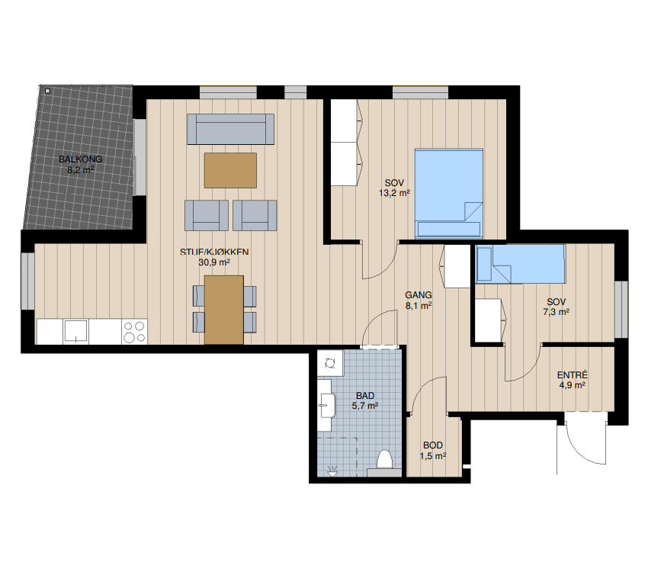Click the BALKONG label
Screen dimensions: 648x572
coord(80,159)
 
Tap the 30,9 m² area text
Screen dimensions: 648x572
coord(214,262)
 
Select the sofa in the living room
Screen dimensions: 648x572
coord(230,129)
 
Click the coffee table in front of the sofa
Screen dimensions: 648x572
coord(230,170)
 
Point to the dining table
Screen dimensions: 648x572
coord(224,310)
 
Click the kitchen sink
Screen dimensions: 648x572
coord(75,331)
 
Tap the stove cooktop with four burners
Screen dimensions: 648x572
coord(135,332)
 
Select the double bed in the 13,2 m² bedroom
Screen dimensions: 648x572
coord(449,194)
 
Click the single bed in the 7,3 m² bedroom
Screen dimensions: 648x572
coord(520,264)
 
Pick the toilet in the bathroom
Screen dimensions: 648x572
coord(384,461)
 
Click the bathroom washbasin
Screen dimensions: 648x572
coord(326,404)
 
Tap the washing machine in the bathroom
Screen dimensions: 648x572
coord(330,363)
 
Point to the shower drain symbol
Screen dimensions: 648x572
coord(332,471)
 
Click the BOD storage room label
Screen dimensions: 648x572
coord(433,445)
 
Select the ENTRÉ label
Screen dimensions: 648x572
coord(573,375)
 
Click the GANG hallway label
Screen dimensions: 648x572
coord(419,295)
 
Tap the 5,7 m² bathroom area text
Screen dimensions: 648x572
coord(365,406)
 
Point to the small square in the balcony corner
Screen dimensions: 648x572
coord(47,91)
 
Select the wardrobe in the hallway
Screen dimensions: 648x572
coord(457,265)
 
